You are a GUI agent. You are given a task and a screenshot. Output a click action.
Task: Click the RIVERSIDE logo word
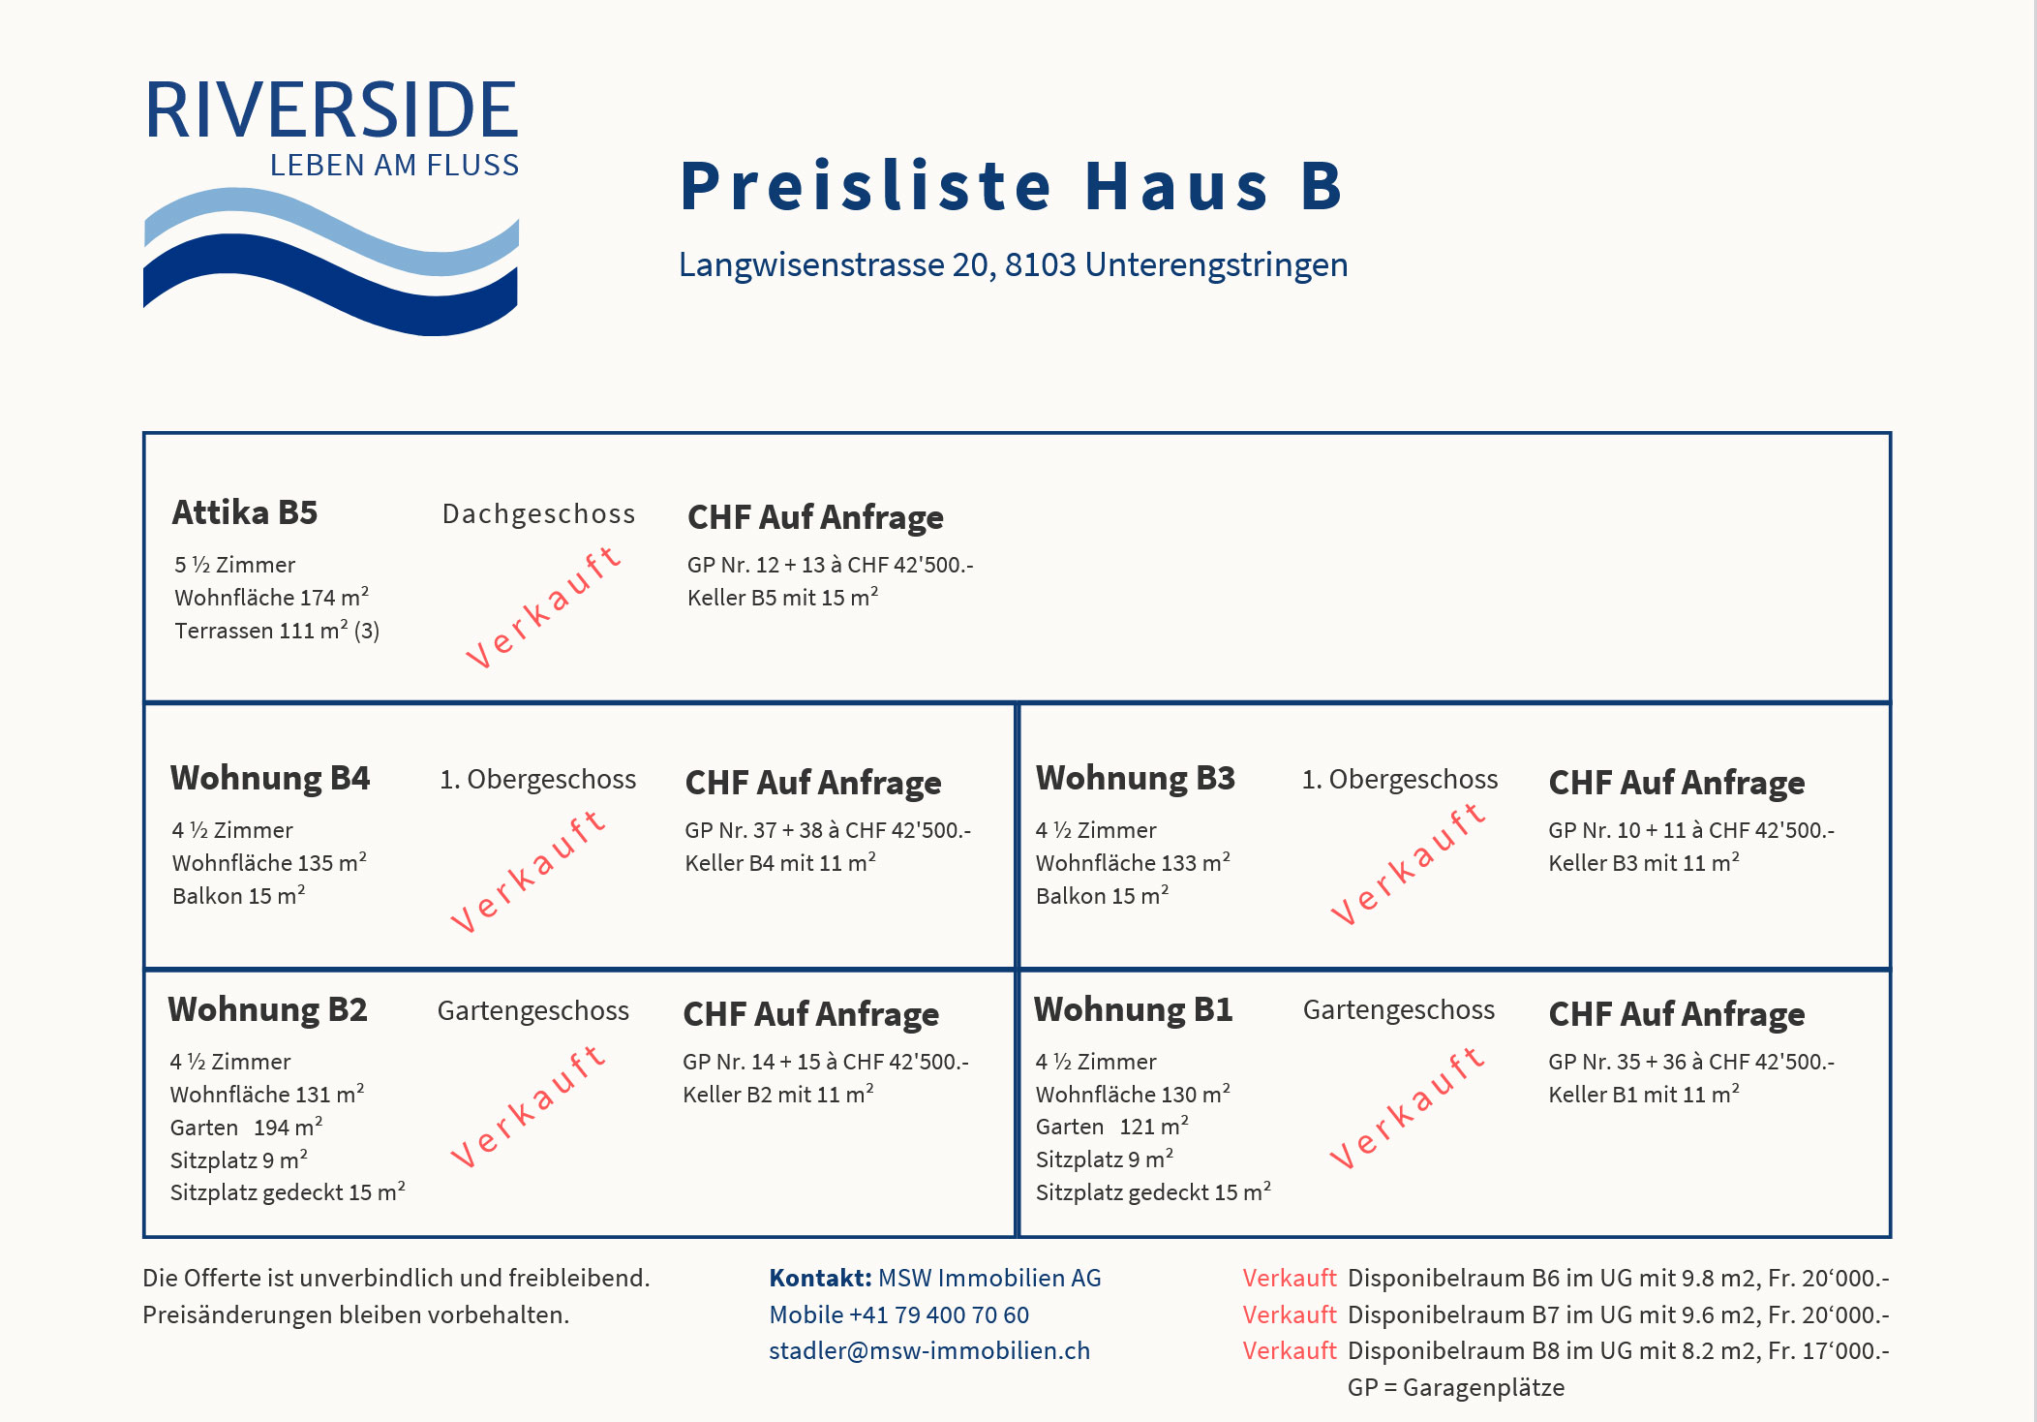click(x=331, y=110)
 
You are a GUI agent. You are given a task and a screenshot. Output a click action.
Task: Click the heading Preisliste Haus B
click(x=1012, y=186)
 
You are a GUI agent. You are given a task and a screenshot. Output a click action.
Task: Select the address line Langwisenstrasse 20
click(x=1013, y=264)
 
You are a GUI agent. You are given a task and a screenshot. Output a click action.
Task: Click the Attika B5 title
click(x=245, y=512)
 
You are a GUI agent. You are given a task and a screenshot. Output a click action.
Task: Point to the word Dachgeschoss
click(x=538, y=513)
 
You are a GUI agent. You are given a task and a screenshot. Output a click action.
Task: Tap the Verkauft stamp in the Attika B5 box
click(x=542, y=607)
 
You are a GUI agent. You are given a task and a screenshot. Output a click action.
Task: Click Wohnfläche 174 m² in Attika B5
click(x=271, y=598)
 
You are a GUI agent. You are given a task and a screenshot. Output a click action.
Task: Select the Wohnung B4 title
click(x=270, y=778)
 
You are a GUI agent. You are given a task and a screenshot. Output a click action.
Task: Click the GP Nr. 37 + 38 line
click(x=828, y=830)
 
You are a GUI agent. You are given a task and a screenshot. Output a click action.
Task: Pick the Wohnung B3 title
click(x=1135, y=778)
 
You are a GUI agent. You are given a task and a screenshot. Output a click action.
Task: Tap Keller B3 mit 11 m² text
click(x=1643, y=863)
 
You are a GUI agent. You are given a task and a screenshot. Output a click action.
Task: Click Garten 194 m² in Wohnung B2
click(x=246, y=1128)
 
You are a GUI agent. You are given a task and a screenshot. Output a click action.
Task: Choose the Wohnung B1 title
click(x=1133, y=1009)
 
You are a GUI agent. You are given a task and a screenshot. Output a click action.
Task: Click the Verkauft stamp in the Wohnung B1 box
click(x=1407, y=1107)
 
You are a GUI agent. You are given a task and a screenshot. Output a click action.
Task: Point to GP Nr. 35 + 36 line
click(x=1690, y=1062)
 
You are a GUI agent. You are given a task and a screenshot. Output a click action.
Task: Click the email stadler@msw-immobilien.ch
click(x=929, y=1350)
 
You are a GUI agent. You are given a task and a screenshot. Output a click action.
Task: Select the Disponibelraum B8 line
click(x=1617, y=1350)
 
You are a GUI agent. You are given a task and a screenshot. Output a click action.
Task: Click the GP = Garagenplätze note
click(x=1455, y=1387)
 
